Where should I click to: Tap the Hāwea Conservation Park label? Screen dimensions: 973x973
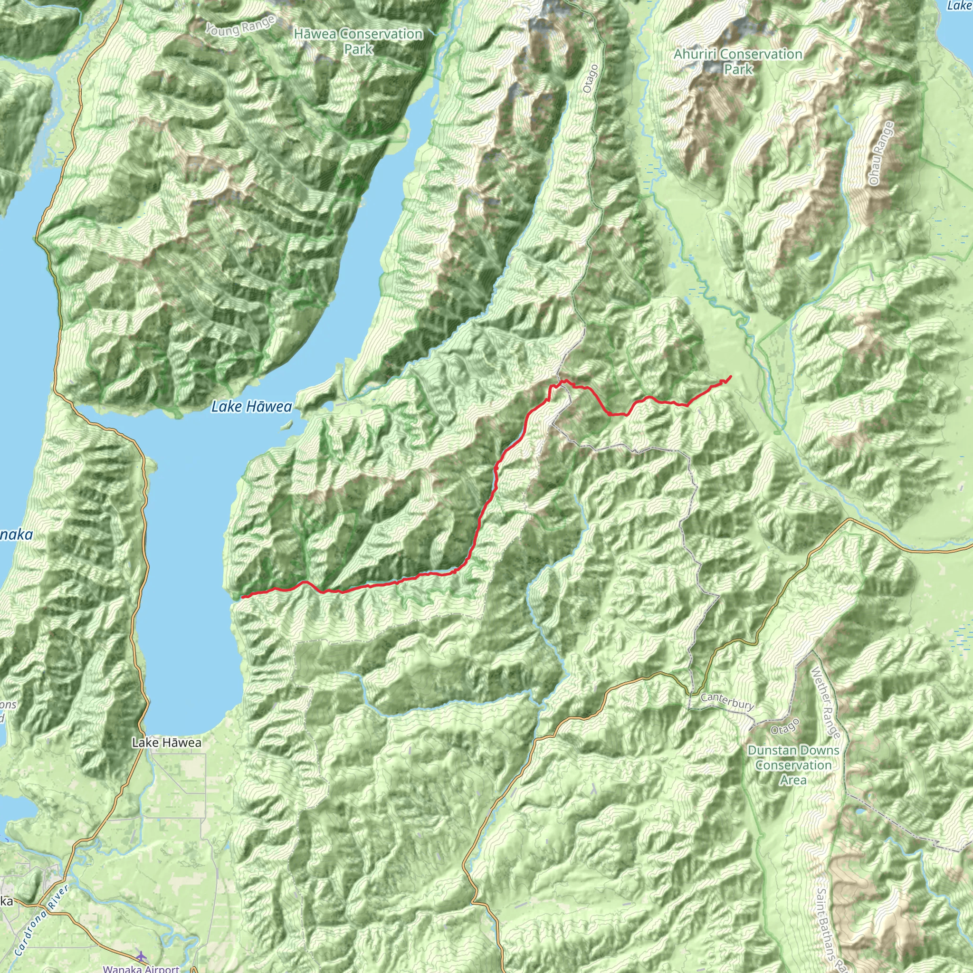pyautogui.click(x=358, y=41)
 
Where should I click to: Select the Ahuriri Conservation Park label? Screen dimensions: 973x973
pyautogui.click(x=738, y=61)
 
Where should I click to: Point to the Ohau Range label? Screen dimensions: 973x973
pyautogui.click(x=880, y=153)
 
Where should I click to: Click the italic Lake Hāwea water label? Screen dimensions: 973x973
pyautogui.click(x=251, y=407)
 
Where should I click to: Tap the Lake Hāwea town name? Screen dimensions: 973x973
pyautogui.click(x=167, y=743)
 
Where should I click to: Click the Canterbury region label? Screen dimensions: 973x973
pyautogui.click(x=727, y=701)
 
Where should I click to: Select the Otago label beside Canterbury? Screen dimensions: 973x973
pyautogui.click(x=785, y=727)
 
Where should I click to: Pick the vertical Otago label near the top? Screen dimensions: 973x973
pyautogui.click(x=591, y=78)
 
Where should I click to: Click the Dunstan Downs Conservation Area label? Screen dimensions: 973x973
pyautogui.click(x=793, y=765)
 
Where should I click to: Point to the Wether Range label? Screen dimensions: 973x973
pyautogui.click(x=825, y=703)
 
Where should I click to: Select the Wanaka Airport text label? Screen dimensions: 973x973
pyautogui.click(x=141, y=968)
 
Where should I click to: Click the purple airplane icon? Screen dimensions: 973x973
pyautogui.click(x=141, y=955)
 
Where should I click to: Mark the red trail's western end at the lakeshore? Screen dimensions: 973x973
pyautogui.click(x=242, y=597)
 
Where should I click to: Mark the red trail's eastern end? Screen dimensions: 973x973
pyautogui.click(x=731, y=376)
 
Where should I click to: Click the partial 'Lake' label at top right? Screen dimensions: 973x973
pyautogui.click(x=959, y=6)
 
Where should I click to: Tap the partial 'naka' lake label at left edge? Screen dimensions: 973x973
pyautogui.click(x=16, y=535)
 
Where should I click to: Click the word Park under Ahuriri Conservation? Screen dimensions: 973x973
pyautogui.click(x=738, y=69)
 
